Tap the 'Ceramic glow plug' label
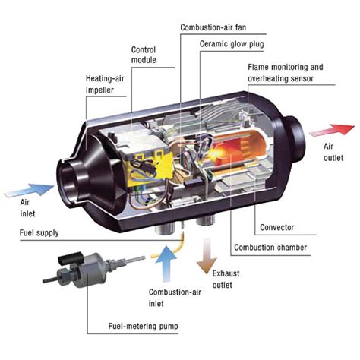(231, 44)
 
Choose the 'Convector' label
(276, 227)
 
